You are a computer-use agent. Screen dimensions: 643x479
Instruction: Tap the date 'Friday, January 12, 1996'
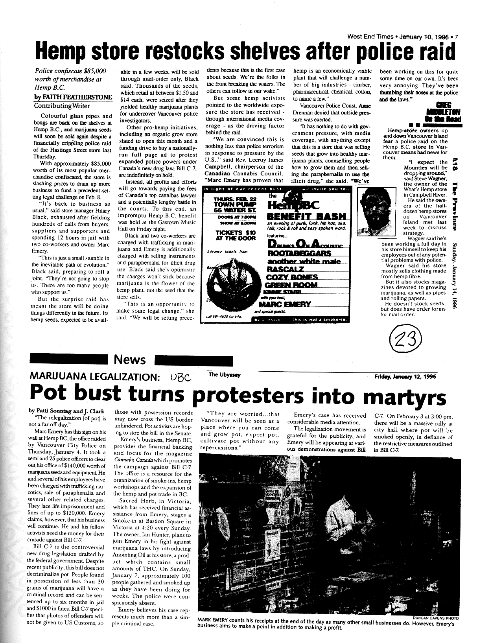tap(405, 376)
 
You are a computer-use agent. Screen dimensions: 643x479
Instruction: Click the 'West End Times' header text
tap(370, 37)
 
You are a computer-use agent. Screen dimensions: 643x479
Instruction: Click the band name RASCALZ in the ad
tap(285, 269)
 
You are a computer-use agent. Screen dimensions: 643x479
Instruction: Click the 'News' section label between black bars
tap(129, 359)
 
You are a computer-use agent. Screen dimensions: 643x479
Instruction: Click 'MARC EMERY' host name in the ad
tap(289, 304)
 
